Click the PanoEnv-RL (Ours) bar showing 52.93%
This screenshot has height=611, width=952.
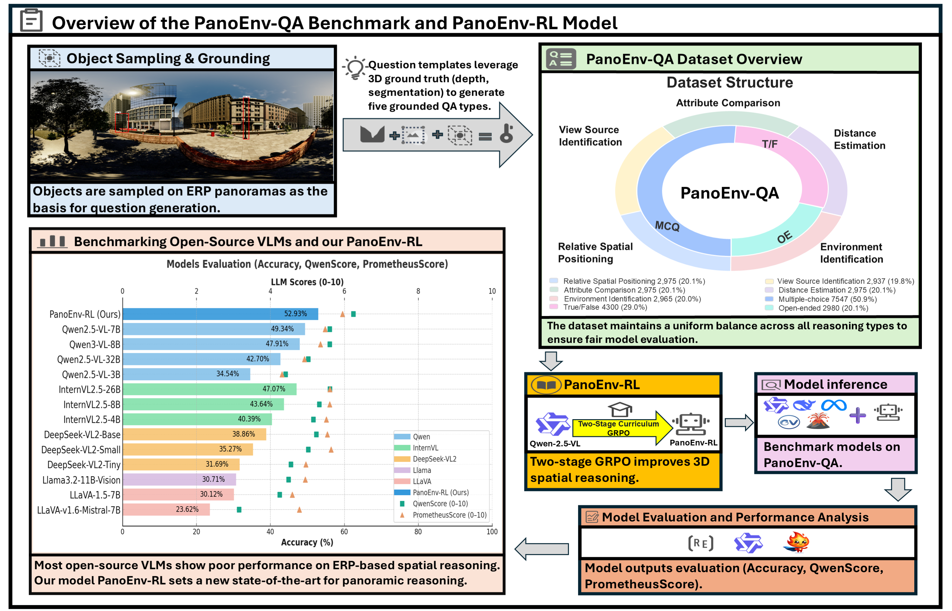pyautogui.click(x=221, y=314)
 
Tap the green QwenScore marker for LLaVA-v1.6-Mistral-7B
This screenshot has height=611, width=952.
pyautogui.click(x=239, y=509)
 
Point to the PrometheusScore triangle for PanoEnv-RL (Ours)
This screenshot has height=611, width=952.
pyautogui.click(x=342, y=314)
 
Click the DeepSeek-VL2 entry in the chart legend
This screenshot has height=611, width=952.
pyautogui.click(x=434, y=459)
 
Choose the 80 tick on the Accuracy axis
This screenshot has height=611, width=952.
pyautogui.click(x=418, y=532)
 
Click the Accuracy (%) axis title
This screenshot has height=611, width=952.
pyautogui.click(x=307, y=542)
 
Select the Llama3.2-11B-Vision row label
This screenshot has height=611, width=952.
pyautogui.click(x=81, y=480)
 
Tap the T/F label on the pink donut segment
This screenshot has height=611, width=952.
pyautogui.click(x=769, y=144)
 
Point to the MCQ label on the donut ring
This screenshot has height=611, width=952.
pyautogui.click(x=667, y=226)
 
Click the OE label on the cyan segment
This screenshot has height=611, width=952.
pyautogui.click(x=784, y=237)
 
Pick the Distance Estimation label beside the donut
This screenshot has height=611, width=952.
pyautogui.click(x=859, y=139)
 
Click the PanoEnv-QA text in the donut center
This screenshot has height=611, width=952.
pyautogui.click(x=730, y=193)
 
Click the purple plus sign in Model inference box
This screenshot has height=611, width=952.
pyautogui.click(x=858, y=415)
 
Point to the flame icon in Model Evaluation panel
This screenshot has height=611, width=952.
pyautogui.click(x=797, y=542)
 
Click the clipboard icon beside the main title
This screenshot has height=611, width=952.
pyautogui.click(x=31, y=21)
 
